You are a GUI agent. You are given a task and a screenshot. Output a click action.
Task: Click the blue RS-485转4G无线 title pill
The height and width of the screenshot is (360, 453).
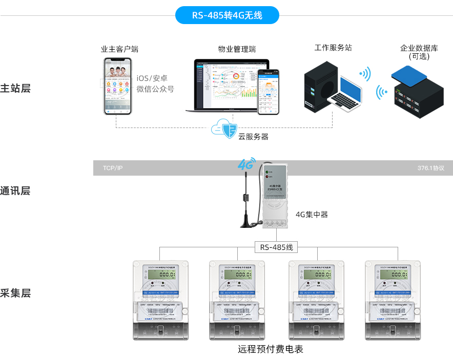pyautogui.click(x=227, y=15)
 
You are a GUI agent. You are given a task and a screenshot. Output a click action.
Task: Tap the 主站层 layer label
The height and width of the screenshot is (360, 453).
pyautogui.click(x=15, y=88)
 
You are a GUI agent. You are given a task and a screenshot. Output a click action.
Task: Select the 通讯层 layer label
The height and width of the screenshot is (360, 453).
pyautogui.click(x=15, y=191)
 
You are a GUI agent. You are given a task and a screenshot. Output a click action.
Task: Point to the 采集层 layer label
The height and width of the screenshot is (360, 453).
pyautogui.click(x=15, y=293)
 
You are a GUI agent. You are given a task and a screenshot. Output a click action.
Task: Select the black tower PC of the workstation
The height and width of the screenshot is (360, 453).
pyautogui.click(x=320, y=86)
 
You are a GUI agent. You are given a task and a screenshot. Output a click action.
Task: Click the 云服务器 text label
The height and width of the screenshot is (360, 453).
pyautogui.click(x=253, y=137)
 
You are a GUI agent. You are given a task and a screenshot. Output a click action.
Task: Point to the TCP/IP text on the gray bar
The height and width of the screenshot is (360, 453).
pyautogui.click(x=113, y=168)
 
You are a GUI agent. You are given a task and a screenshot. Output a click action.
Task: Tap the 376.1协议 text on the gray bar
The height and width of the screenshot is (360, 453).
pyautogui.click(x=430, y=168)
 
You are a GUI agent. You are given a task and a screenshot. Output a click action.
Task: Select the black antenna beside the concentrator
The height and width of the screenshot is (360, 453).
pyautogui.click(x=246, y=200)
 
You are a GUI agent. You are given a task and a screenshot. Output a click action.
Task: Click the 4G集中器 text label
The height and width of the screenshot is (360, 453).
pyautogui.click(x=312, y=215)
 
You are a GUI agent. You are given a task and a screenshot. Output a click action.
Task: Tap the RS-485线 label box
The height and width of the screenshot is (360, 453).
pyautogui.click(x=276, y=247)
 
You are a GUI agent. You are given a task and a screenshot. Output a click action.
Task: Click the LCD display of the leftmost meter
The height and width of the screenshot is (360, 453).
pyautogui.click(x=160, y=274)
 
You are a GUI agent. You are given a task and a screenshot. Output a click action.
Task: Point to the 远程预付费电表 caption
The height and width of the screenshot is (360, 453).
pyautogui.click(x=271, y=350)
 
